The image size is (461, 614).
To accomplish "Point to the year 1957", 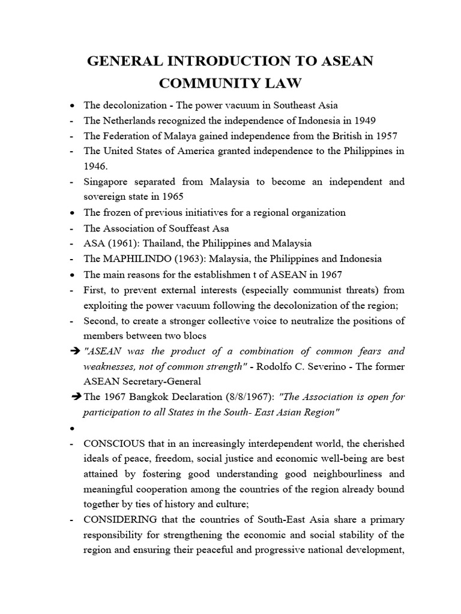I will pyautogui.click(x=385, y=136).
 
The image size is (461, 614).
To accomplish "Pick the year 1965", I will pyautogui.click(x=172, y=197).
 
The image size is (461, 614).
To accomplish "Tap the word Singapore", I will pyautogui.click(x=106, y=182).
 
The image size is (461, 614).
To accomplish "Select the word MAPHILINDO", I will pyautogui.click(x=132, y=258).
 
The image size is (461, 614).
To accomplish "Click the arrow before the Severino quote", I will pyautogui.click(x=76, y=351).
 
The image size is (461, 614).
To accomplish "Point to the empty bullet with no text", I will pyautogui.click(x=73, y=429).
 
